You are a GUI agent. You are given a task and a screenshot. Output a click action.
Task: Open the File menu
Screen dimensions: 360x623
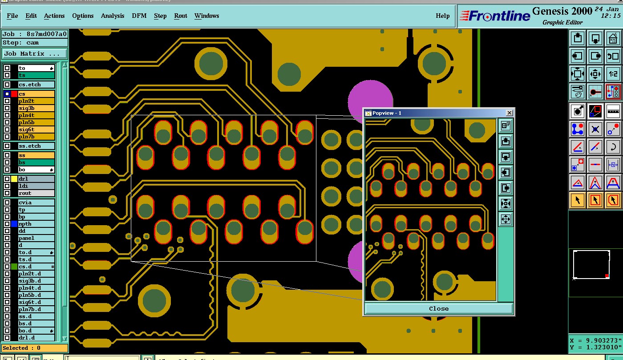coord(12,16)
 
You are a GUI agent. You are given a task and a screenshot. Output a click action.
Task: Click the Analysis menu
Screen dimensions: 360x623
coord(113,16)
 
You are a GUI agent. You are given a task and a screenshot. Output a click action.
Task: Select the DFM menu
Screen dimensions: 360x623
coord(139,16)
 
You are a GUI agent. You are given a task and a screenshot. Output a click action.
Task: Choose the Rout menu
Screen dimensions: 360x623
coord(181,16)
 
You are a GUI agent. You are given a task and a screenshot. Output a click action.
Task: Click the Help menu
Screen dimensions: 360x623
coord(442,16)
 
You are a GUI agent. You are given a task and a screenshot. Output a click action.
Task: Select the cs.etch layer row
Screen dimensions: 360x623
coord(36,85)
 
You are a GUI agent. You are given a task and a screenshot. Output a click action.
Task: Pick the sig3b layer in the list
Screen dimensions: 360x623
coord(36,108)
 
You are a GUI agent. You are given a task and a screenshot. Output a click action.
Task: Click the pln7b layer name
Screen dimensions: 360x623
coord(36,137)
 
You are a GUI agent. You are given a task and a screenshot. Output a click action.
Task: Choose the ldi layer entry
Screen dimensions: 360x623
coord(36,186)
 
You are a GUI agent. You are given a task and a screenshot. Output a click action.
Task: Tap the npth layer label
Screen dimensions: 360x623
coord(36,224)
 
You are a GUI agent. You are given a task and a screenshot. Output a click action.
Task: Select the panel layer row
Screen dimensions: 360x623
coord(36,238)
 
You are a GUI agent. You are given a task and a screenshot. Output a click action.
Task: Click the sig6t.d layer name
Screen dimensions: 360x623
coord(36,302)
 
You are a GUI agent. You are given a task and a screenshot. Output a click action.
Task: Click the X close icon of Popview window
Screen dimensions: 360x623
coord(510,113)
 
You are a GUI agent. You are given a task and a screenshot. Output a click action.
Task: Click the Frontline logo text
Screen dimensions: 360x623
coord(495,16)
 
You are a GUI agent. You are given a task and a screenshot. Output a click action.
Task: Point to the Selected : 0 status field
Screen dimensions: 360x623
coord(35,348)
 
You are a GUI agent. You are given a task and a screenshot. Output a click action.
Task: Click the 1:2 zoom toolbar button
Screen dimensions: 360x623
coord(613,74)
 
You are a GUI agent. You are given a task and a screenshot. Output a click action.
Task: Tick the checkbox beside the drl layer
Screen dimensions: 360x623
coord(7,179)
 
